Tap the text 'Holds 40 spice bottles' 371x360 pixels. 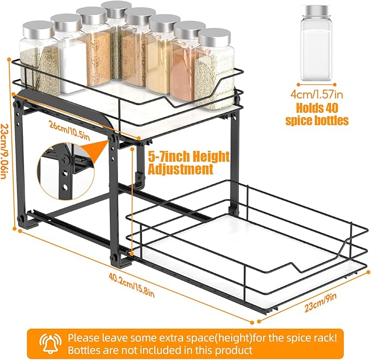317,114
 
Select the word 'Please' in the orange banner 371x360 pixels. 82,338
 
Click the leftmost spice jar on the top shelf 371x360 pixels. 39,60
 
